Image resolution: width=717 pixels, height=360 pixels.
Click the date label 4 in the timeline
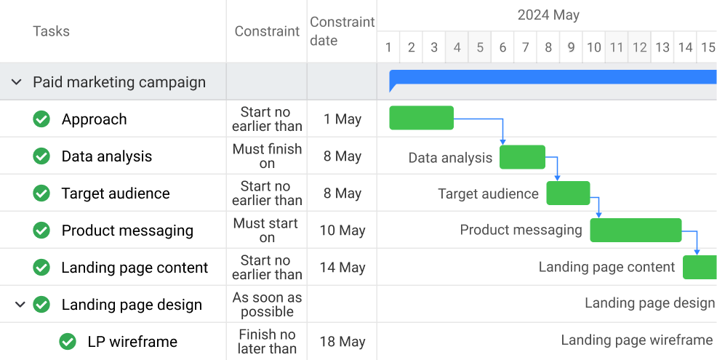click(457, 48)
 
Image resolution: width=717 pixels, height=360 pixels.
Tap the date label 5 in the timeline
click(480, 48)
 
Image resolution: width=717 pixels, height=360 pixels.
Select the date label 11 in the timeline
click(617, 48)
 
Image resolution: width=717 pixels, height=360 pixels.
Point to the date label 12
click(639, 48)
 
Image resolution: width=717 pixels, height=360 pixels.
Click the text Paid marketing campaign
click(119, 82)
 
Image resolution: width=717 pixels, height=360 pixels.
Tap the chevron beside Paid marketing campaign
click(17, 82)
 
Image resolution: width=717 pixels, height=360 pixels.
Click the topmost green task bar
click(421, 118)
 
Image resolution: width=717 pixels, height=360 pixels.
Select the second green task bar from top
click(522, 157)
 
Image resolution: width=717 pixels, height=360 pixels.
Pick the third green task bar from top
click(568, 193)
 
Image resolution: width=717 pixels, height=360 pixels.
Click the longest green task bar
click(636, 230)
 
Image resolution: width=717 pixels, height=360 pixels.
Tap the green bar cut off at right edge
click(700, 267)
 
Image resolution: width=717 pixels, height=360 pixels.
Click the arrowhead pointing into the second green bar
click(503, 142)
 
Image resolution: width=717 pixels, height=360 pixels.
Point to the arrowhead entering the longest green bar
click(599, 215)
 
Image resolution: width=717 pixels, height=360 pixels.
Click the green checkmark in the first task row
click(41, 119)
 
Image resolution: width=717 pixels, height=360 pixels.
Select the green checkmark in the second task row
click(41, 156)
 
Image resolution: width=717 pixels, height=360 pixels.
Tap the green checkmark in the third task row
click(41, 193)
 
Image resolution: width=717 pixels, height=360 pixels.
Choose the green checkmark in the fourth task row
click(41, 230)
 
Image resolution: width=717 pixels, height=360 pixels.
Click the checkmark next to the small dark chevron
click(41, 304)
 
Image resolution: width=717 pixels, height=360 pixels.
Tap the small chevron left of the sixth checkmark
click(20, 304)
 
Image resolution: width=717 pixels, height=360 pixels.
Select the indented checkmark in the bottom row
click(68, 341)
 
